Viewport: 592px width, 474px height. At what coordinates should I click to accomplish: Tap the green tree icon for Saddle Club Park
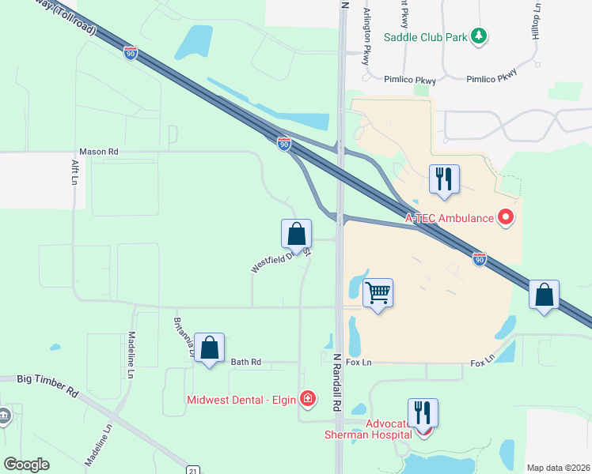click(x=478, y=36)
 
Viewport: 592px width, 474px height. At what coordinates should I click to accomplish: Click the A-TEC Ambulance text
click(x=449, y=218)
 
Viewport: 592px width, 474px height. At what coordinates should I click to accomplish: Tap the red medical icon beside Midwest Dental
click(x=307, y=398)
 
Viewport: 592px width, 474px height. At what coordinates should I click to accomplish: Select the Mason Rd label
click(x=98, y=151)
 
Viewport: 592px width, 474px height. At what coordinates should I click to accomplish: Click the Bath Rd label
click(x=245, y=362)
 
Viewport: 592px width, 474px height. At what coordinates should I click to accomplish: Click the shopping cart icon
click(x=378, y=293)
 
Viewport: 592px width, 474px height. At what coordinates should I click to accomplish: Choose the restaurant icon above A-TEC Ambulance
click(x=443, y=179)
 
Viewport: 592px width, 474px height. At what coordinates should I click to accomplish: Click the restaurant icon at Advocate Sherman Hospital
click(x=423, y=412)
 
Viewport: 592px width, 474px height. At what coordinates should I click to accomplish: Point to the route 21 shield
click(x=192, y=469)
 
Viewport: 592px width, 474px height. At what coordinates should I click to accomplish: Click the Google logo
click(x=27, y=465)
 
